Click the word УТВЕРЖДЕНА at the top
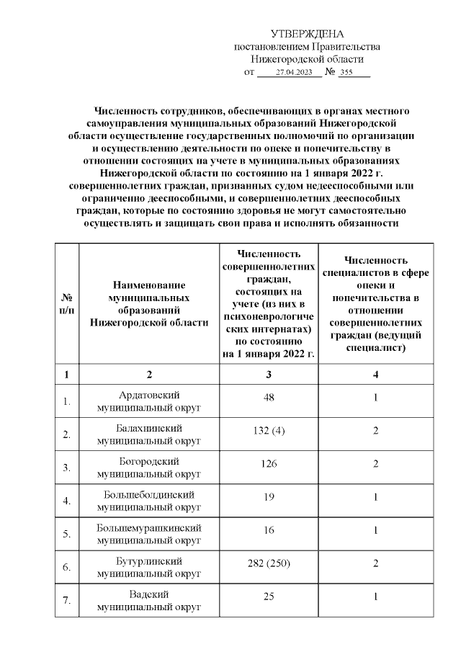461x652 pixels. coord(308,35)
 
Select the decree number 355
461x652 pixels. coord(347,73)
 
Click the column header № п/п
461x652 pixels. coord(66,303)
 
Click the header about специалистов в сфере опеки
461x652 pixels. coord(376,303)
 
